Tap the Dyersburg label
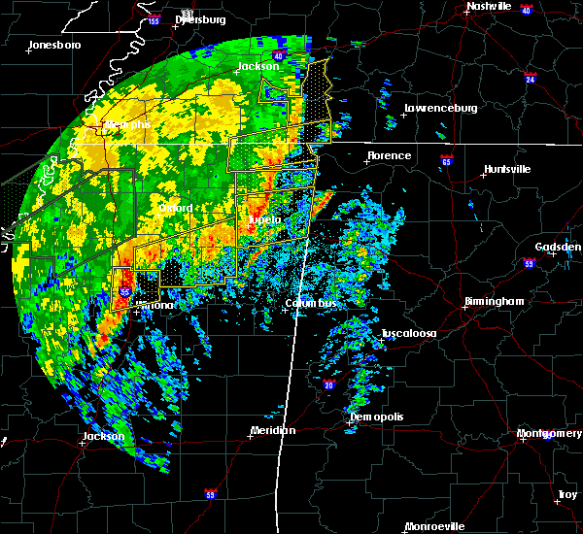pyautogui.click(x=201, y=19)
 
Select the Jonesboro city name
pyautogui.click(x=54, y=45)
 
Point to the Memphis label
pyautogui.click(x=129, y=124)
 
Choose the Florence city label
pyautogui.click(x=389, y=155)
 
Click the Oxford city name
pyautogui.click(x=176, y=208)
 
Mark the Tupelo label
pyautogui.click(x=264, y=220)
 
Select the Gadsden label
pyautogui.click(x=559, y=247)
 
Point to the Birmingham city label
pyautogui.click(x=494, y=301)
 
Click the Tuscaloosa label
pyautogui.click(x=408, y=333)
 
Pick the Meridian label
pyautogui.click(x=273, y=429)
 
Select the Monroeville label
pyautogui.click(x=434, y=525)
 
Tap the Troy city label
pyautogui.click(x=566, y=495)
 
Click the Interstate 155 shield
pyautogui.click(x=154, y=19)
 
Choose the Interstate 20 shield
pyautogui.click(x=327, y=384)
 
